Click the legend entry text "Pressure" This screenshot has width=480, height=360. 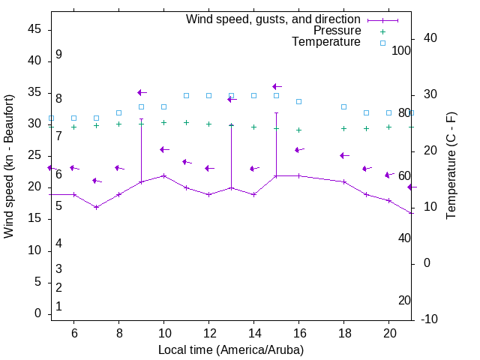[337, 31]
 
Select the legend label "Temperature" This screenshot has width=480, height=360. [326, 42]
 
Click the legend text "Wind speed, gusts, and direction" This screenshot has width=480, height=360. [274, 19]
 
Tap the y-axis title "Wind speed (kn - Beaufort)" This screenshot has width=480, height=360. [9, 166]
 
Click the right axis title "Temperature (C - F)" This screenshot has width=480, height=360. [451, 166]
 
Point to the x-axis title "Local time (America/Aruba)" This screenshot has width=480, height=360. [231, 349]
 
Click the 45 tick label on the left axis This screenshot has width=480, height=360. [34, 29]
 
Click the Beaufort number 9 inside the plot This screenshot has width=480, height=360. [58, 55]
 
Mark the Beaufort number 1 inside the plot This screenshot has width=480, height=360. [58, 307]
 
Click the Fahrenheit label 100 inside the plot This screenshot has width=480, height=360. [402, 50]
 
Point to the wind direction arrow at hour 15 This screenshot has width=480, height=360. [277, 87]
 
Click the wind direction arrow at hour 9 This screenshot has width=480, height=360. [142, 92]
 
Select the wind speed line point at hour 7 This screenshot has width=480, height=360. [96, 207]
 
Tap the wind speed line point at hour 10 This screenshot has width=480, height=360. [163, 175]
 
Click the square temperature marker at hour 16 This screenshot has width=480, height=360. [298, 101]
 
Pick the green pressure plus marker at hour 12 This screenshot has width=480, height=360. [208, 124]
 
